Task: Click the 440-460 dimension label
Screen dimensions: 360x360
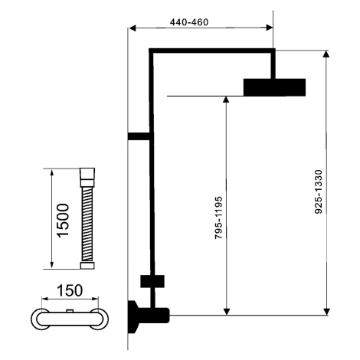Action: coord(189,22)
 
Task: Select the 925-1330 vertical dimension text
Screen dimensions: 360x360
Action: coord(319,191)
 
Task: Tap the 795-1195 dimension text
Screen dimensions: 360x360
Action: coord(218,218)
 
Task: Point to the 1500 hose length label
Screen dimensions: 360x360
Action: coord(63,221)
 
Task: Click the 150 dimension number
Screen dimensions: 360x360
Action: coord(70,290)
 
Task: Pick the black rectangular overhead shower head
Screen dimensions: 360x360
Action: coord(274,87)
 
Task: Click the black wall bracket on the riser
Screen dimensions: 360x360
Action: coord(139,136)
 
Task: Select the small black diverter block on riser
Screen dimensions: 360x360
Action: coord(152,281)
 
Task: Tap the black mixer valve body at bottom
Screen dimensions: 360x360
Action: coord(148,316)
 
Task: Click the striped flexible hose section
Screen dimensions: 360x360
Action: coord(87,224)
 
